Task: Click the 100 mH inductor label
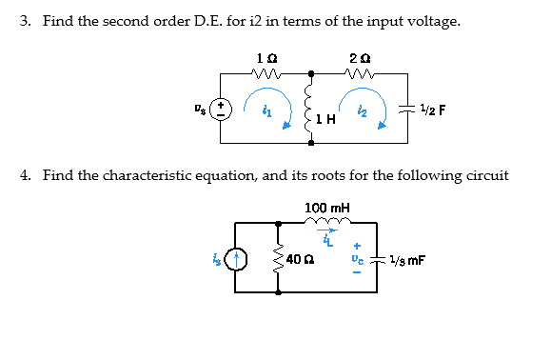coord(327,207)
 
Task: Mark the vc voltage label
coord(357,258)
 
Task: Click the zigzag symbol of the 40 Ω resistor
coord(278,258)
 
